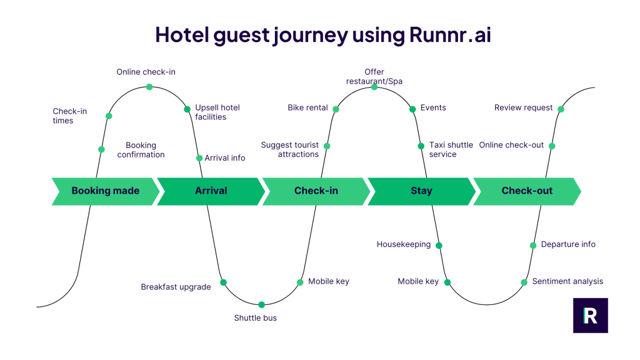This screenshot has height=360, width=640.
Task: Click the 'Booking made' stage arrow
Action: point(105,191)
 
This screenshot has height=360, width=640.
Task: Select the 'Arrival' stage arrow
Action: point(211,191)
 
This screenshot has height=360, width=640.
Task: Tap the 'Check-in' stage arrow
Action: point(316,191)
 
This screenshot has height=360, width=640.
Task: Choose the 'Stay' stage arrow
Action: point(421,191)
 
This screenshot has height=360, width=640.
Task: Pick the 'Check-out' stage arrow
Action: point(527,191)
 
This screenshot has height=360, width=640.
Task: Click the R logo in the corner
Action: point(590,316)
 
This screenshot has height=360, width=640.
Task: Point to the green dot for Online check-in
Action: point(149,87)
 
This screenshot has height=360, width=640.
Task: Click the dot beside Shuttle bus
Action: point(261,305)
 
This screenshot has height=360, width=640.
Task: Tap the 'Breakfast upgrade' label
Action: point(176,287)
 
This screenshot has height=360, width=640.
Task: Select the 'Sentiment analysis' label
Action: point(567,281)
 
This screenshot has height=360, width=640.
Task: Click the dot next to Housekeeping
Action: point(439,245)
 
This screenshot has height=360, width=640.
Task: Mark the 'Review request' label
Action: point(523,107)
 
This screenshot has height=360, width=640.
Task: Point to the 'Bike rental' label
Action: point(307,107)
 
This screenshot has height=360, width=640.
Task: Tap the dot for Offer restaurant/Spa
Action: point(374,87)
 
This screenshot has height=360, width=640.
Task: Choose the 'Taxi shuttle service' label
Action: point(451,149)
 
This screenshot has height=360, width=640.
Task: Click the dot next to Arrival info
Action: point(199,158)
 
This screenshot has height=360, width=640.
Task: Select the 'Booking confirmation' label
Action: point(141,149)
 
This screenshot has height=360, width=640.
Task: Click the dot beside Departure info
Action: point(533,246)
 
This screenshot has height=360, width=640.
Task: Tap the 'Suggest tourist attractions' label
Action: point(289,149)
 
